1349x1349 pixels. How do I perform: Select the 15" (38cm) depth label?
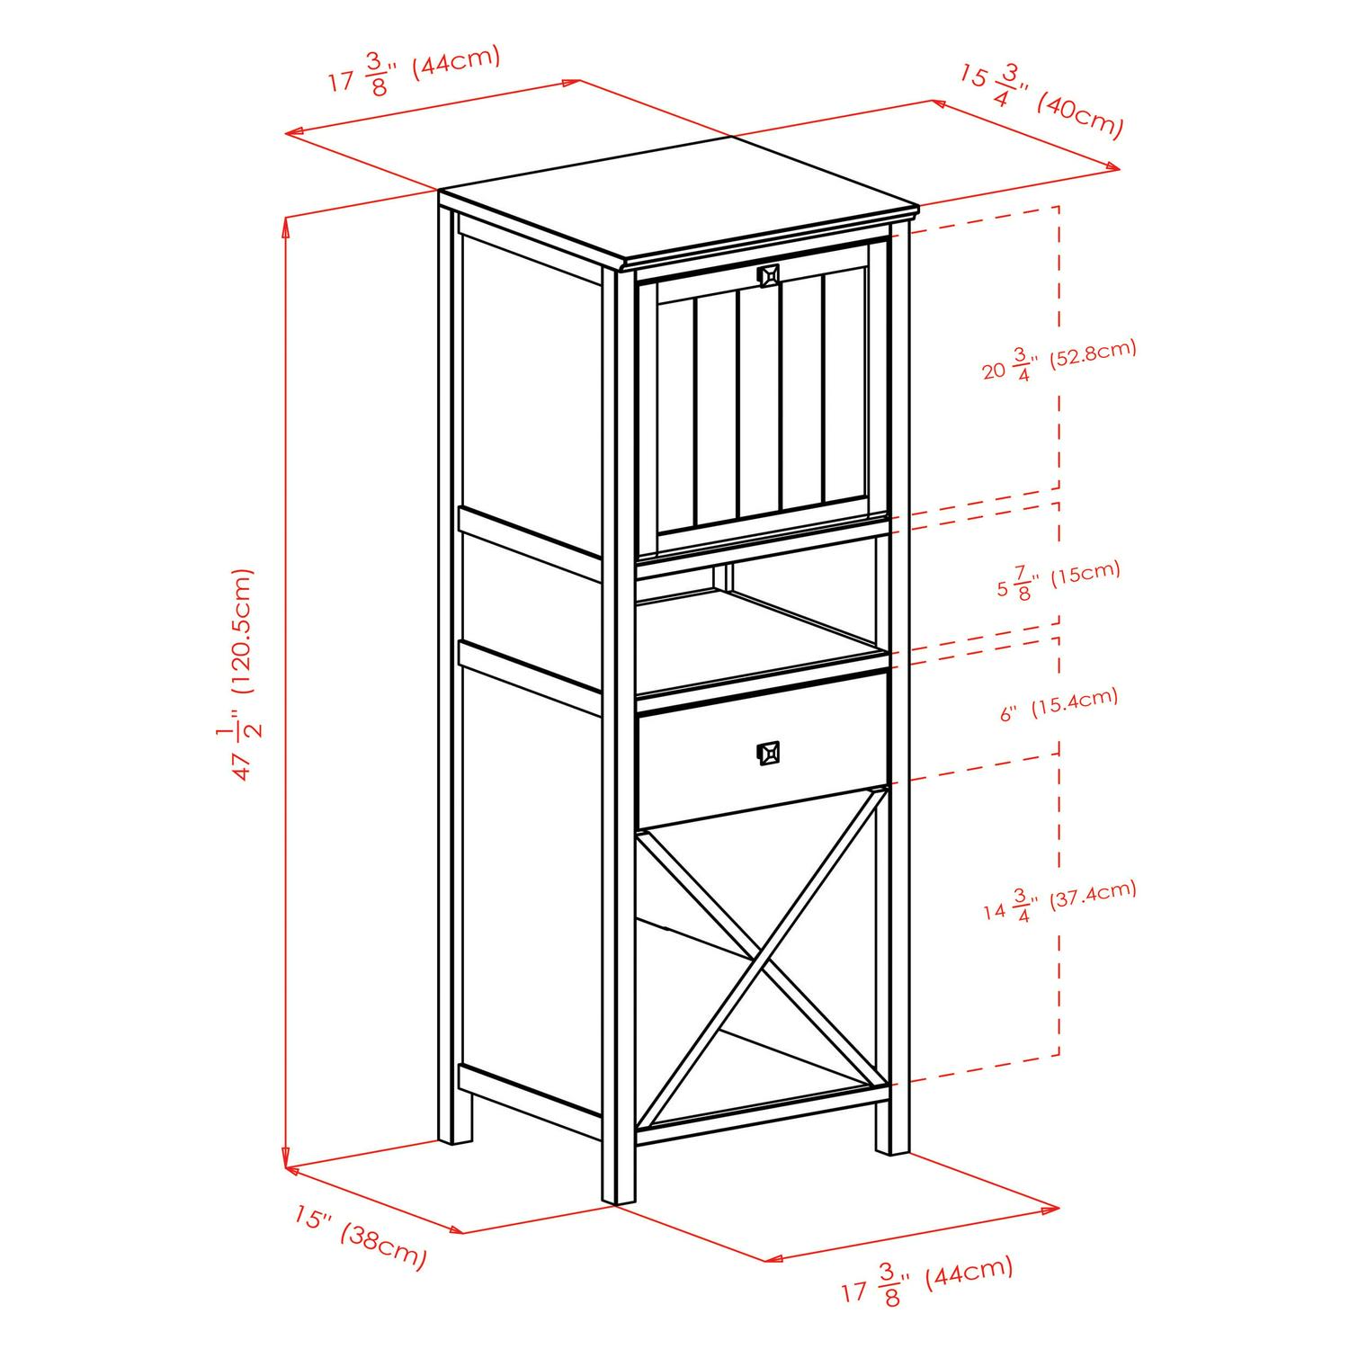coord(360,1237)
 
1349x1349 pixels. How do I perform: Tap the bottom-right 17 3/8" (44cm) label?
coord(926,1281)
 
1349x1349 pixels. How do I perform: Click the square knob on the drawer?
coord(768,752)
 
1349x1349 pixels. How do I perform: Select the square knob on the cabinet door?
coord(768,275)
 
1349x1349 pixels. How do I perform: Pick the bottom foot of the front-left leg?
coord(619,1192)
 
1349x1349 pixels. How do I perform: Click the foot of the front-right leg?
coord(893,1142)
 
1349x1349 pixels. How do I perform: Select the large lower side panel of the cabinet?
coord(531,881)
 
